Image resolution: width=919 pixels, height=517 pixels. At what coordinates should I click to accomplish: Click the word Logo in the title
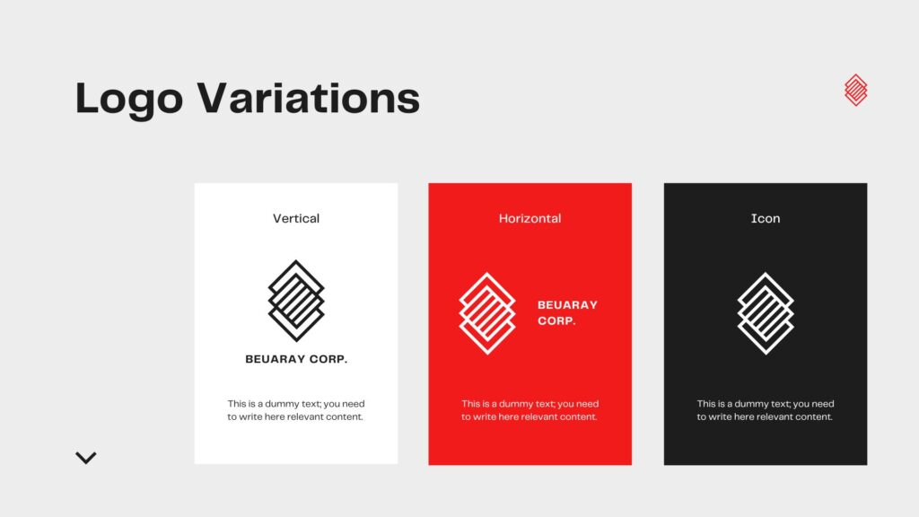coord(129,99)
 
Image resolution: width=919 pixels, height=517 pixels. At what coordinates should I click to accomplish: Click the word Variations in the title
coord(309,97)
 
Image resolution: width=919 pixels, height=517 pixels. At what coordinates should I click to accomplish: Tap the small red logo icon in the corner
coord(855,90)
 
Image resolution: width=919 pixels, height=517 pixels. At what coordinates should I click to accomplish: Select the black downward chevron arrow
coord(85,458)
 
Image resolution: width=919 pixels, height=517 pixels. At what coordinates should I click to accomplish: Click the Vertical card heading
coord(296,218)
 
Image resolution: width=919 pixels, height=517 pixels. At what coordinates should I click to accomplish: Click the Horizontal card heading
coord(530,218)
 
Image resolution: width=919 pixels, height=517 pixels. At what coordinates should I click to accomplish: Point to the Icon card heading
coord(766,218)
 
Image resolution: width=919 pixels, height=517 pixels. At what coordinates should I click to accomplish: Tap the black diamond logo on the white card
coord(296,300)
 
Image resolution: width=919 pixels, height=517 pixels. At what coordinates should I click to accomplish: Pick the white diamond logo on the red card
coord(487,313)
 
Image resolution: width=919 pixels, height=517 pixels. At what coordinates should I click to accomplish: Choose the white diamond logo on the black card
coord(766,313)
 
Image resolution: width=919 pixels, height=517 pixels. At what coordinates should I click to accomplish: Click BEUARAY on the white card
coord(275,359)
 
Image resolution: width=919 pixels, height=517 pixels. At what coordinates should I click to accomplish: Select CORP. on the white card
coord(328,359)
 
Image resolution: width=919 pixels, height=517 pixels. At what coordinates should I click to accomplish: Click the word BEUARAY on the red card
coord(567,305)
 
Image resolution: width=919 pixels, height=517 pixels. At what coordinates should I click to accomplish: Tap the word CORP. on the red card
coord(556,320)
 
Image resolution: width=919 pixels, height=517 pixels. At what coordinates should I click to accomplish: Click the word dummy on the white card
coord(282,404)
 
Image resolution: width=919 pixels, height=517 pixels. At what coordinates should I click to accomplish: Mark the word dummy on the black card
coord(751,404)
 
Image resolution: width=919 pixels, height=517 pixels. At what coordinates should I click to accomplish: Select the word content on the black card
coord(816,416)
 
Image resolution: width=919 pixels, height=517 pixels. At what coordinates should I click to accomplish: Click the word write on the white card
coord(249,416)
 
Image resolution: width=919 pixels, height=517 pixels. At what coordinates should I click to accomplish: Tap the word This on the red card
coord(470,404)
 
